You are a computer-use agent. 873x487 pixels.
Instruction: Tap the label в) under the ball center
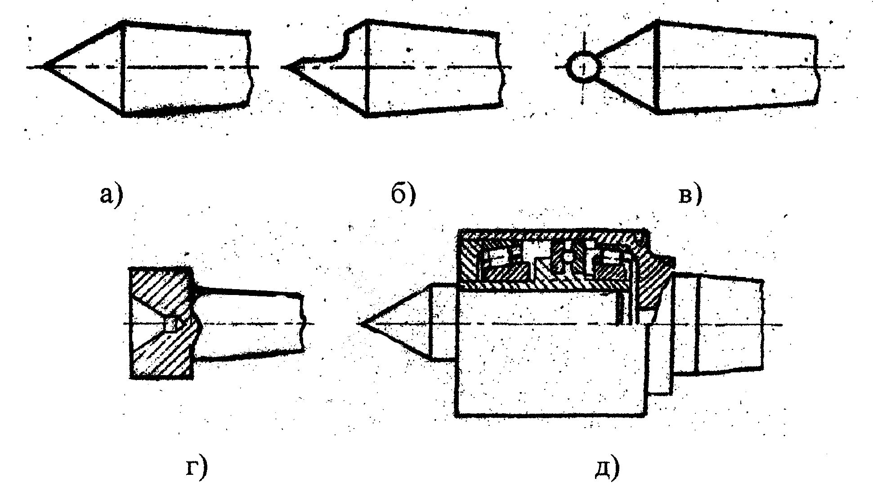coord(689,195)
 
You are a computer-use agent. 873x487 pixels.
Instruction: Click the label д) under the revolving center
coord(609,468)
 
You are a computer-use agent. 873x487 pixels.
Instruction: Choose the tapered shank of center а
coord(184,67)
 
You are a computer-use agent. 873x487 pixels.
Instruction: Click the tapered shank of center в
coord(738,67)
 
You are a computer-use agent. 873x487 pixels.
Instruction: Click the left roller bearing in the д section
coord(497,258)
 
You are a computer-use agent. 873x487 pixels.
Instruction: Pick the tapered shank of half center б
coord(434,67)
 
